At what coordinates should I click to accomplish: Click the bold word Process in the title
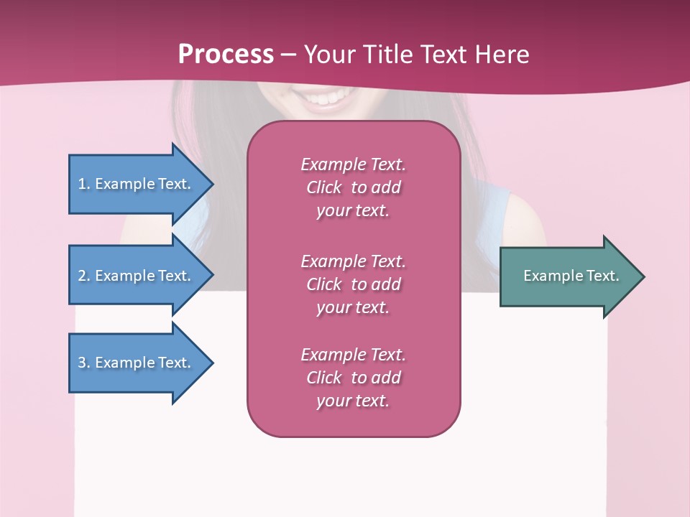point(226,55)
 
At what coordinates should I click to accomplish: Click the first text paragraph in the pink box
point(353,187)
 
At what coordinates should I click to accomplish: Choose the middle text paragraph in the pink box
point(353,284)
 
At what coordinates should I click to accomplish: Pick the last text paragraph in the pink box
point(353,378)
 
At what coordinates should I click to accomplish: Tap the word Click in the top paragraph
point(324,188)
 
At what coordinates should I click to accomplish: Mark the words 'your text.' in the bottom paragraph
point(353,401)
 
